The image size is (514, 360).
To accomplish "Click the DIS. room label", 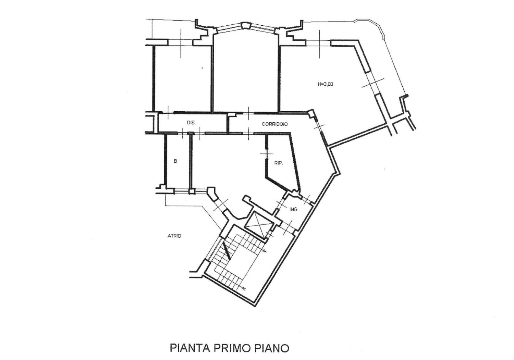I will (191, 123).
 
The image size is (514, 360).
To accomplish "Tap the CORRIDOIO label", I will (274, 124).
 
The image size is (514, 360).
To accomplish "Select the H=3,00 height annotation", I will (325, 84).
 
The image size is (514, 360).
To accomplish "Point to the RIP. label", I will (278, 163).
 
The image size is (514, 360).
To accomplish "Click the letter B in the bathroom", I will (175, 161).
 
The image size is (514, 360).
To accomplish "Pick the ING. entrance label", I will (294, 209).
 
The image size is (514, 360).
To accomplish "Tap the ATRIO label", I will (174, 236).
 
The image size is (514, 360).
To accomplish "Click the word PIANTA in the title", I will (189, 348).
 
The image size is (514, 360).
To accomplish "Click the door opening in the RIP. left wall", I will (267, 154).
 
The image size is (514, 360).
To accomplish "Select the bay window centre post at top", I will (245, 26).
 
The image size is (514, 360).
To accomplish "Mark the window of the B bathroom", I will (181, 191).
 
